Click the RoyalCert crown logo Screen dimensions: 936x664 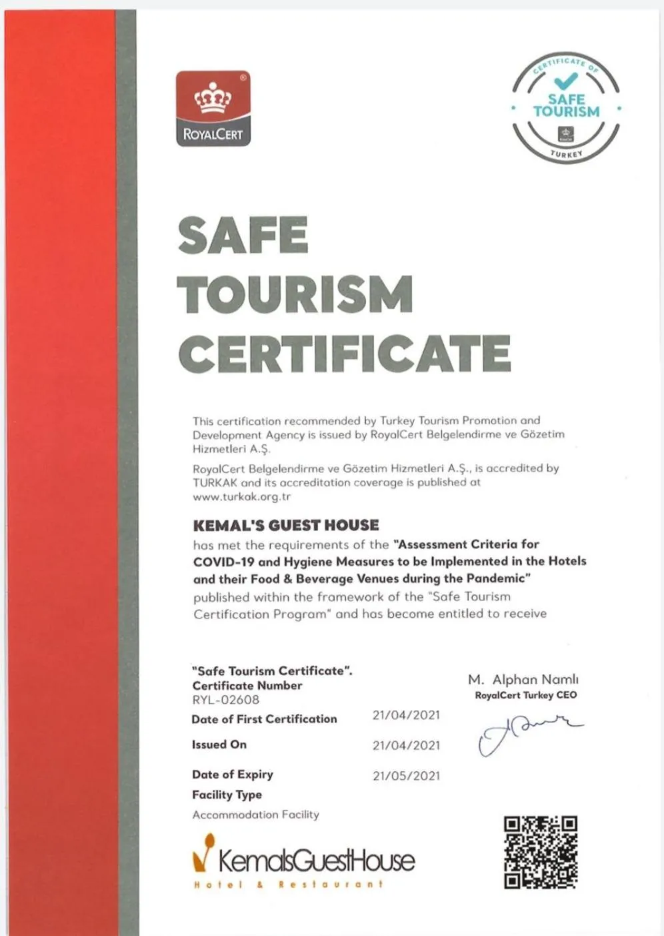coord(213,108)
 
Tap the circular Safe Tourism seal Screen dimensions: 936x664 coord(566,108)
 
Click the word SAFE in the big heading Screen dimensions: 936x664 coord(243,235)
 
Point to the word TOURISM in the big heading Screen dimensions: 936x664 coord(295,294)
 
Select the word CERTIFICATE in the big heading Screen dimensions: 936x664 coord(344,354)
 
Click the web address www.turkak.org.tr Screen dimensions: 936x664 coord(242,497)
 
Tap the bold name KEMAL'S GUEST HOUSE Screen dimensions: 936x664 coord(286,525)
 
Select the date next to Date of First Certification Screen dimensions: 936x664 coord(406,715)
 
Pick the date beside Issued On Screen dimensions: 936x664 coord(406,745)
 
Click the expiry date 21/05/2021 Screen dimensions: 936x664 coord(406,775)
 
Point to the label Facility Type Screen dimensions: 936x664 coord(227,795)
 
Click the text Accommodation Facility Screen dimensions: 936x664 coord(255,815)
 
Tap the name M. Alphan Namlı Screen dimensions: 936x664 coord(523,679)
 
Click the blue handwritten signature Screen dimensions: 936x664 coord(527,733)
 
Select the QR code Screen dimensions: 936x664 coord(540,852)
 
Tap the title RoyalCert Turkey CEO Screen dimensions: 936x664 coord(525,695)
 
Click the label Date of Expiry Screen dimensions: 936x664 coord(232,775)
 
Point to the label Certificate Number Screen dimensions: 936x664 coord(247,685)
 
